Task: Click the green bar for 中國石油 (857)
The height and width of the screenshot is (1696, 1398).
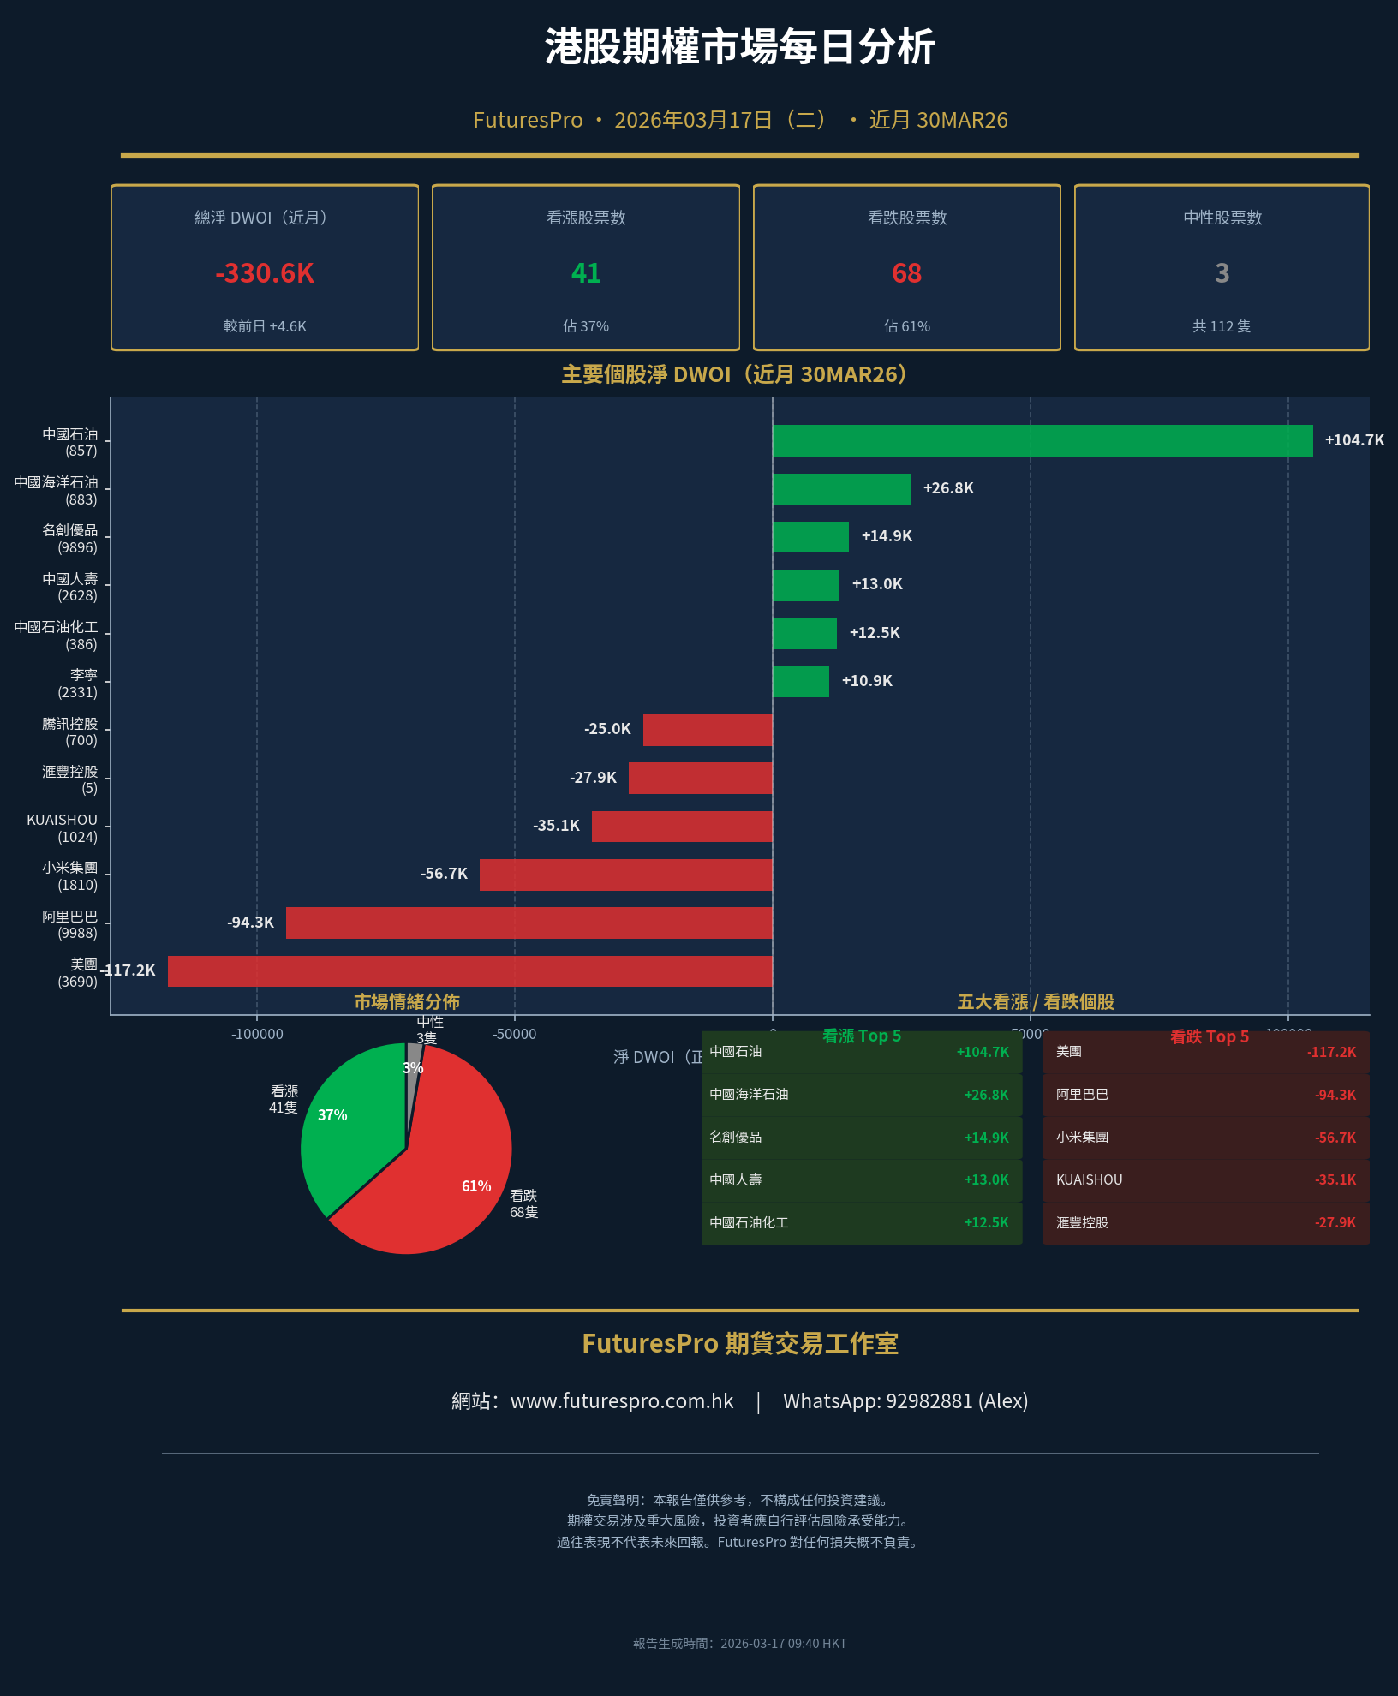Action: point(1042,440)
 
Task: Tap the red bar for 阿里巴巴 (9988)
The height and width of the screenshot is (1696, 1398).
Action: point(529,923)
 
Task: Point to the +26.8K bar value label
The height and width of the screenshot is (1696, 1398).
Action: point(947,488)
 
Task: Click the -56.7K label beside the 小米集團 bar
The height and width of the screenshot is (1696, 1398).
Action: point(444,874)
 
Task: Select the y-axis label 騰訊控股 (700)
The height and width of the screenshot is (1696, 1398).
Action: point(70,732)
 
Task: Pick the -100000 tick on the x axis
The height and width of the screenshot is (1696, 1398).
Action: point(257,1034)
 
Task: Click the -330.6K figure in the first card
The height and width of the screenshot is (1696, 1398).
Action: point(265,273)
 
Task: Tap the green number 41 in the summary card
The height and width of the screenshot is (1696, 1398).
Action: point(586,273)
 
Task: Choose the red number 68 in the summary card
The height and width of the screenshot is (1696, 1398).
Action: point(906,273)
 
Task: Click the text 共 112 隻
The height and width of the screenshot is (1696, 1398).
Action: point(1222,326)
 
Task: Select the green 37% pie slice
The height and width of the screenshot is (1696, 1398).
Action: point(347,1131)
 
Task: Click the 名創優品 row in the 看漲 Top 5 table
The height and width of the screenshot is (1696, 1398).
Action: point(861,1138)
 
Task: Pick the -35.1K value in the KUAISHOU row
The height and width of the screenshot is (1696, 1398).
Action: point(1335,1180)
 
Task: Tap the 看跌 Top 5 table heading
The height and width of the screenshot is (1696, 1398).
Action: point(1209,1036)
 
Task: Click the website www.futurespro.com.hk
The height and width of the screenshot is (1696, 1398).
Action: point(622,1401)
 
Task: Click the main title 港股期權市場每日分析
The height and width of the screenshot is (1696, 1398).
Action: point(739,47)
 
